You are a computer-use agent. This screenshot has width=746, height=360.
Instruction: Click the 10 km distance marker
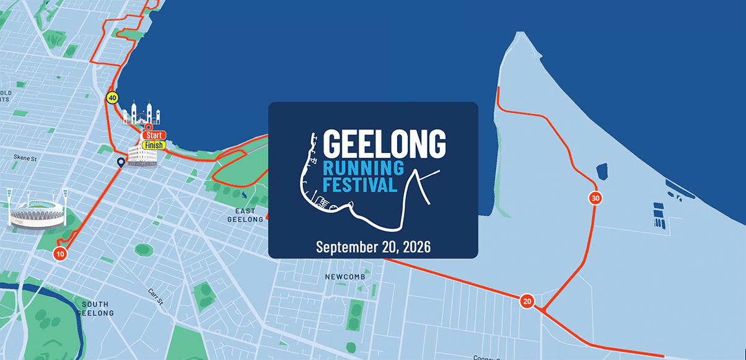60,253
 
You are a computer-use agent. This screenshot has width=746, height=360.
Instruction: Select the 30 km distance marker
595,198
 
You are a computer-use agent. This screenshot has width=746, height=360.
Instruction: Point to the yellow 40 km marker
112,97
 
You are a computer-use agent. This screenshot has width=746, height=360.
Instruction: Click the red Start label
154,135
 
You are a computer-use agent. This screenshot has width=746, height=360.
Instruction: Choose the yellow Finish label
154,145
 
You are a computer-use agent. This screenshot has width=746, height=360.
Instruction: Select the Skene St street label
25,159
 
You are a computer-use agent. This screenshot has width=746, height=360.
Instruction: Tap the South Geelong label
95,309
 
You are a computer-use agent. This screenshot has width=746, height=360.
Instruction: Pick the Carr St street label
156,296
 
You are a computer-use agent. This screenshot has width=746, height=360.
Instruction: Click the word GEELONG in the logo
384,143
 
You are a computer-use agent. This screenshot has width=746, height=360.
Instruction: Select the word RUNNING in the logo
363,167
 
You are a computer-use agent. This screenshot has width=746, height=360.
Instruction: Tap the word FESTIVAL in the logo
359,185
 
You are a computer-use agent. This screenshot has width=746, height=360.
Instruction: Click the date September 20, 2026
373,246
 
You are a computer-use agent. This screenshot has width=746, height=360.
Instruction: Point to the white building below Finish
142,156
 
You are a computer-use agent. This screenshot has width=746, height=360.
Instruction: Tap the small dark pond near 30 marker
601,171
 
